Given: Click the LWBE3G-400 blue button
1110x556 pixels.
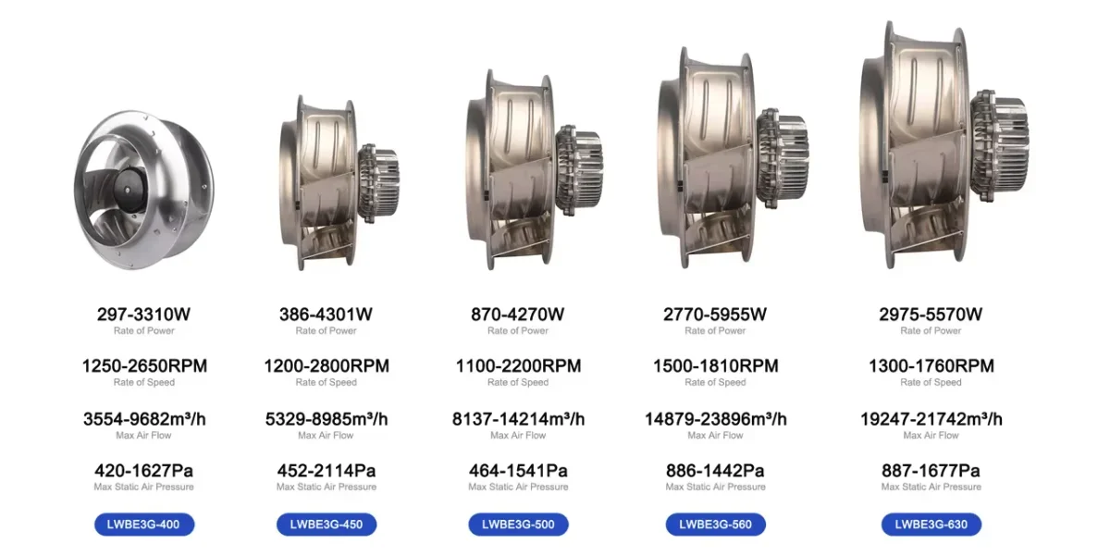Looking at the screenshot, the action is (144, 525).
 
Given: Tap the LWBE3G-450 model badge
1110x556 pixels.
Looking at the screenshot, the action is (327, 525).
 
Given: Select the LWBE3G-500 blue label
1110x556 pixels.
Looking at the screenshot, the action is (518, 525).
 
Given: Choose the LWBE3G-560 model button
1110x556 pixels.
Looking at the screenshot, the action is (716, 525).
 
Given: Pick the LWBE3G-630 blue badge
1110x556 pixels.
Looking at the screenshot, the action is (931, 525).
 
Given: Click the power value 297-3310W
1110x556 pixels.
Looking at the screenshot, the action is (143, 315).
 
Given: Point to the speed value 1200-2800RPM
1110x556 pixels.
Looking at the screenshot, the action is (327, 366).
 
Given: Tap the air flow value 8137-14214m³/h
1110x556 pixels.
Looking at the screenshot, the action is (518, 419).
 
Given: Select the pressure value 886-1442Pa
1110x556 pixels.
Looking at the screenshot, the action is (715, 470).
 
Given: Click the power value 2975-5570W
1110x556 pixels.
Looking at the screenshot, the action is (931, 315).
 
